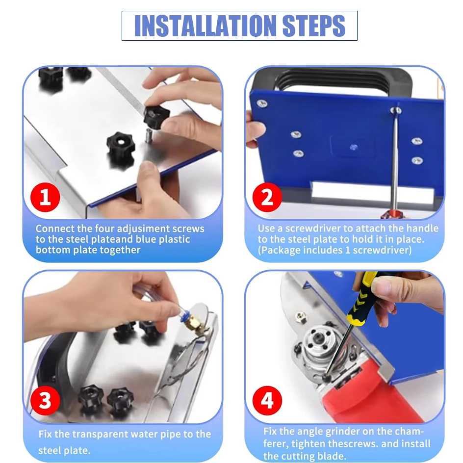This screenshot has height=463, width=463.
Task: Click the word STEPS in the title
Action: click(313, 26)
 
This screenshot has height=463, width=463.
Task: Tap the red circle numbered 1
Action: click(45, 197)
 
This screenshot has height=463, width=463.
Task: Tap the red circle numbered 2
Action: click(267, 197)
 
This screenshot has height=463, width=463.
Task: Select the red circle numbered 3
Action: click(45, 401)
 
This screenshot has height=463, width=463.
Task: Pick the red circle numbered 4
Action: click(267, 401)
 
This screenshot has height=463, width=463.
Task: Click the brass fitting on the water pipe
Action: click(195, 322)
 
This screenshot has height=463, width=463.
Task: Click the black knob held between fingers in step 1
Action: click(156, 116)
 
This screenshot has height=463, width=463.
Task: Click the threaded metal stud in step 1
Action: click(149, 136)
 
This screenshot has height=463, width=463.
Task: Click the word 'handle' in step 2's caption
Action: click(422, 228)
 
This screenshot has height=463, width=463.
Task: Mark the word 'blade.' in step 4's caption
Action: click(332, 456)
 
